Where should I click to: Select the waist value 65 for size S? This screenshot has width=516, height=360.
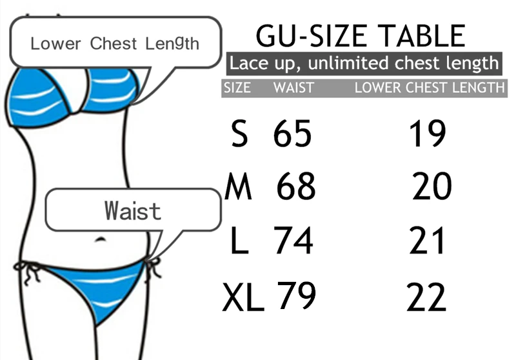point(292,134)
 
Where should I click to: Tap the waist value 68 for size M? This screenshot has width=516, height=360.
point(296,187)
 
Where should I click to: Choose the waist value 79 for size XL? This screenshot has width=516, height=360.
point(297,296)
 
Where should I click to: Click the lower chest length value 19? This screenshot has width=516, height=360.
point(427,134)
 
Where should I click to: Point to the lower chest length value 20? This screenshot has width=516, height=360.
point(432,187)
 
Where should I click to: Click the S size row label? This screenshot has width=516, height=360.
point(239,135)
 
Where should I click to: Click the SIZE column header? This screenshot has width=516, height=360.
point(237,88)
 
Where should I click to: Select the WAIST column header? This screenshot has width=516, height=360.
point(293,88)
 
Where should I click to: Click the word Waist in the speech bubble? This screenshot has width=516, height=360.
point(132,211)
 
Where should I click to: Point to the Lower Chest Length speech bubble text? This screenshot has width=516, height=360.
point(115,44)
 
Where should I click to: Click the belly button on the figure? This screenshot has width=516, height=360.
point(100,239)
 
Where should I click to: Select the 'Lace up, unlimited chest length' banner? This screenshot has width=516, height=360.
point(364,64)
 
